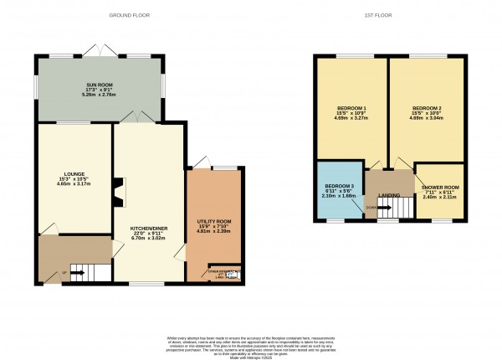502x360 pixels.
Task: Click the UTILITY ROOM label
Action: tap(213, 219)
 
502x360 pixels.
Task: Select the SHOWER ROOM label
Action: tap(440, 188)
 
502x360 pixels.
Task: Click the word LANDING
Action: tap(389, 196)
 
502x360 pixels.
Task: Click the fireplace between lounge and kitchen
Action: tap(119, 191)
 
